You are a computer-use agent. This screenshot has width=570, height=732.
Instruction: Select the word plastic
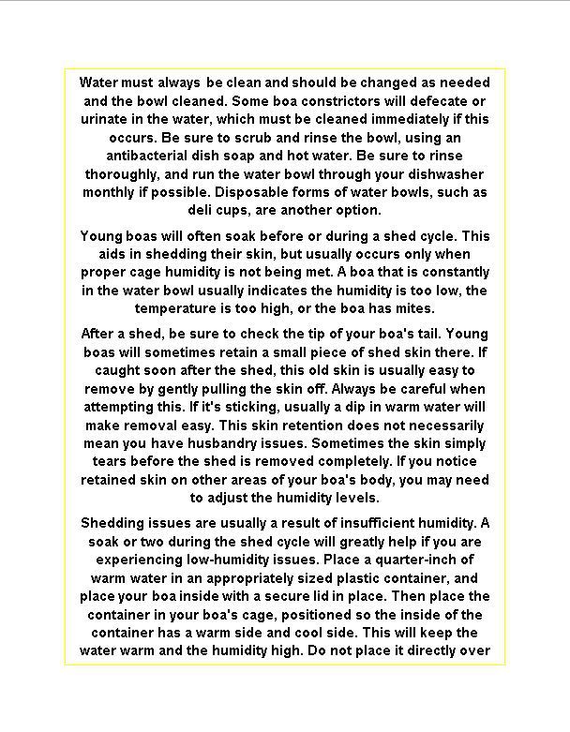pyautogui.click(x=336, y=577)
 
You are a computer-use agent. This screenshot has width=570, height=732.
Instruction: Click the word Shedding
pyautogui.click(x=113, y=523)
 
